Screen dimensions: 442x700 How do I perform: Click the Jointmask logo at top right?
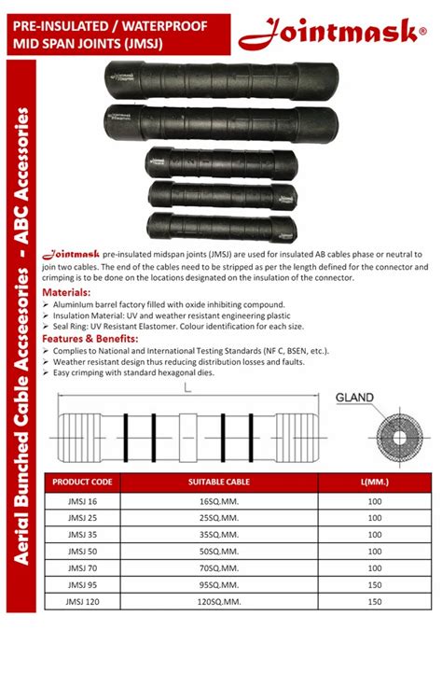pyautogui.click(x=328, y=35)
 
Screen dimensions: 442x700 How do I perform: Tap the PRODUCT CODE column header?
pyautogui.click(x=82, y=482)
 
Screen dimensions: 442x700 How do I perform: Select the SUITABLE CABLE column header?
pyautogui.click(x=219, y=482)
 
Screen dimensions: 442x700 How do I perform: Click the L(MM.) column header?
pyautogui.click(x=375, y=482)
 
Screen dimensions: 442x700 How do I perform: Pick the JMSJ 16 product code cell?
pyautogui.click(x=82, y=501)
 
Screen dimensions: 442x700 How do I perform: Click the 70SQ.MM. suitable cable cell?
pyautogui.click(x=219, y=568)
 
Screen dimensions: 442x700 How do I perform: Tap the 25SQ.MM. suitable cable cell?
pyautogui.click(x=219, y=518)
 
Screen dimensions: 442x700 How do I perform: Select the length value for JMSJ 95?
pyautogui.click(x=375, y=585)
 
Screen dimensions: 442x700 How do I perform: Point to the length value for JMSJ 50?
pyautogui.click(x=375, y=552)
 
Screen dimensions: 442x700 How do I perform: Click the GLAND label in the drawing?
pyautogui.click(x=354, y=398)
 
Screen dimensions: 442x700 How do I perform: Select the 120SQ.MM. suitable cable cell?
pyautogui.click(x=219, y=602)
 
